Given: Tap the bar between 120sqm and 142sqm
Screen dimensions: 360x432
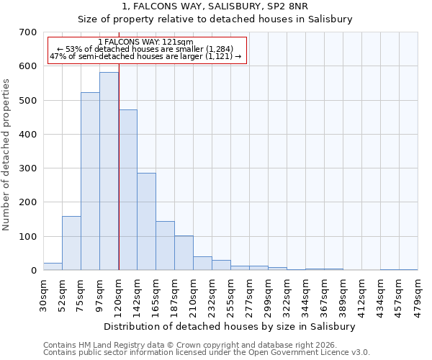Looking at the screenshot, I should [x=127, y=190].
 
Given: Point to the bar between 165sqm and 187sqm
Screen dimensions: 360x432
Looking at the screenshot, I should [x=165, y=246].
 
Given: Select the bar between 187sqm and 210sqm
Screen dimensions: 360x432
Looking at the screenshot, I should [x=184, y=253].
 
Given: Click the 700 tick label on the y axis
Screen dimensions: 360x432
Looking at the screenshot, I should [x=27, y=32].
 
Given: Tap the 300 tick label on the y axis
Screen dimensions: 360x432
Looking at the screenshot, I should [x=27, y=168].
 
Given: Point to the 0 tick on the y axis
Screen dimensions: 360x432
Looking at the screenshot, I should [x=33, y=271].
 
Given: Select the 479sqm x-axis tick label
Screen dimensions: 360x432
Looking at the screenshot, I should [x=418, y=295].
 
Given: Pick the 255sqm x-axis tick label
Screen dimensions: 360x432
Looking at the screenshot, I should [x=231, y=295].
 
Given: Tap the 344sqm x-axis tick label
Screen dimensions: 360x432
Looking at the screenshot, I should [x=306, y=295].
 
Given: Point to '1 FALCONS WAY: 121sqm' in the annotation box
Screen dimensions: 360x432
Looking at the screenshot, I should [x=146, y=42].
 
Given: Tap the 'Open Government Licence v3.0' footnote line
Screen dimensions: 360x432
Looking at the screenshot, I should [x=207, y=352].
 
